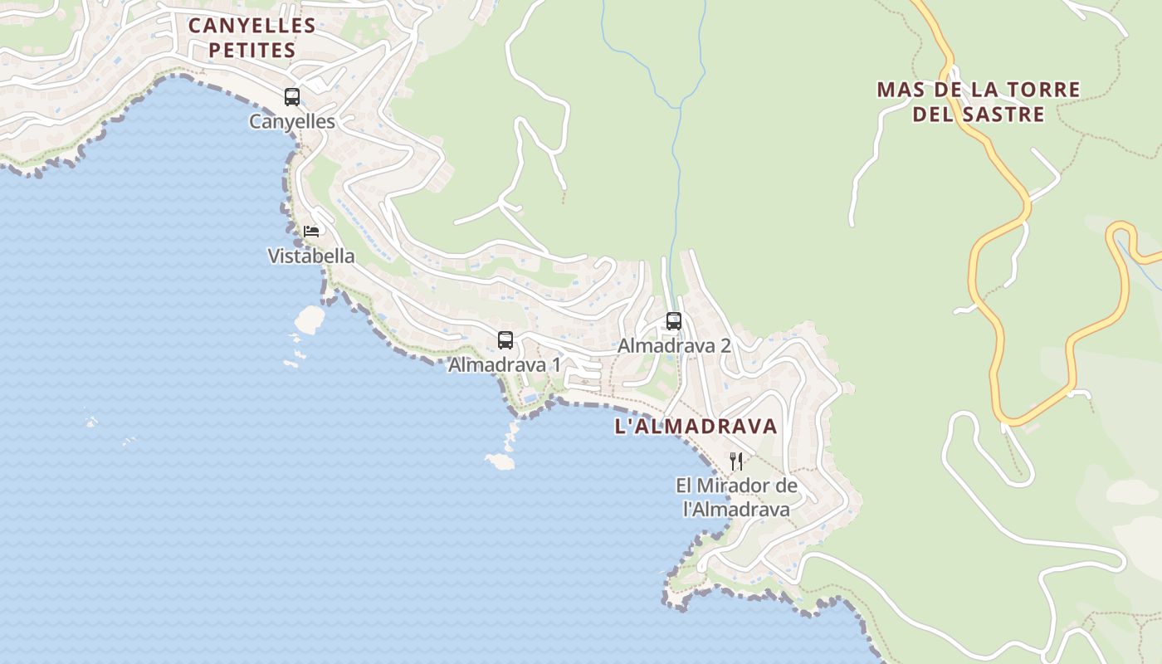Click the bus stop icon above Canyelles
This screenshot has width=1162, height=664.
292,97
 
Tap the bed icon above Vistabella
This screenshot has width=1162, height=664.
311,231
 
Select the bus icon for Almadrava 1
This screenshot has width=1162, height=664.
505,339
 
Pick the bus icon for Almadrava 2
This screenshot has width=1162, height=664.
674,320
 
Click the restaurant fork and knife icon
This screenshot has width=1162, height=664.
736,461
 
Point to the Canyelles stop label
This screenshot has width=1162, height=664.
292,122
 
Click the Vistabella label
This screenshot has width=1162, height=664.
311,256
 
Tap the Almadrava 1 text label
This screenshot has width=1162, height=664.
505,365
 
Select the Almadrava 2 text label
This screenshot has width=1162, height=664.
674,346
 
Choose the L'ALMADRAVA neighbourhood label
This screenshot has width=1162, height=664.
696,427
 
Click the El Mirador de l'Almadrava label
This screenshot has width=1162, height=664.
736,497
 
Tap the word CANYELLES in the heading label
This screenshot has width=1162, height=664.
251,26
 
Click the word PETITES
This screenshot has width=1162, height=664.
251,51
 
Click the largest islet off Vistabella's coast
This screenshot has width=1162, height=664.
310,319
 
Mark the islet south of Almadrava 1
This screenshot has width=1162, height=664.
500,461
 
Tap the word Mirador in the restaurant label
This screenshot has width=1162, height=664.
737,486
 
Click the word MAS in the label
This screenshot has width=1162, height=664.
899,90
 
